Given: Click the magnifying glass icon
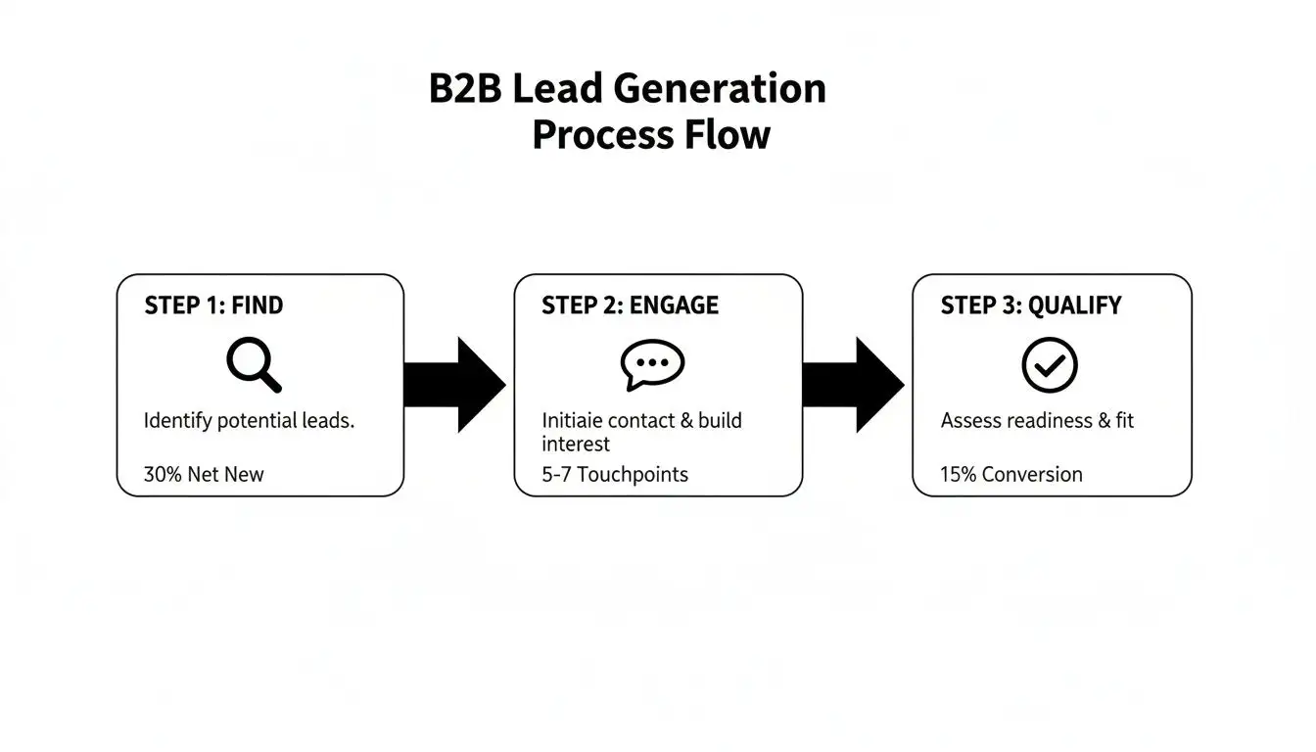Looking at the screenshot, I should coord(254,364).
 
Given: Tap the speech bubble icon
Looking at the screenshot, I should coord(652,364).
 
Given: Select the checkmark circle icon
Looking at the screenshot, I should coord(1050,365).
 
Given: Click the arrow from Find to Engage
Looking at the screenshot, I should coord(454,384).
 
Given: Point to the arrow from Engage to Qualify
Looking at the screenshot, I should coord(853,384).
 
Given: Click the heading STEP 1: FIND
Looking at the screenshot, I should coord(213,305).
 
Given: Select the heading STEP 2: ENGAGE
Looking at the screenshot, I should coord(630,305).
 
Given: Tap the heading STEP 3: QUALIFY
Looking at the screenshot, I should coord(1030,305).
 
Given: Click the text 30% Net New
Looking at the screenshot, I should coord(204,475).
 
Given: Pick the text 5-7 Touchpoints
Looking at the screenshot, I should coord(615,475).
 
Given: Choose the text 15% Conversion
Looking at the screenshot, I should coord(1011,475).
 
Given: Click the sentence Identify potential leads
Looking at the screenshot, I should coord(249,421).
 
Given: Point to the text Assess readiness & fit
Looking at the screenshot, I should coord(1037,421).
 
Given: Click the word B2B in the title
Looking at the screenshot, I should coord(465,89).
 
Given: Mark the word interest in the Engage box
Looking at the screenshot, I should coord(576,445).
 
